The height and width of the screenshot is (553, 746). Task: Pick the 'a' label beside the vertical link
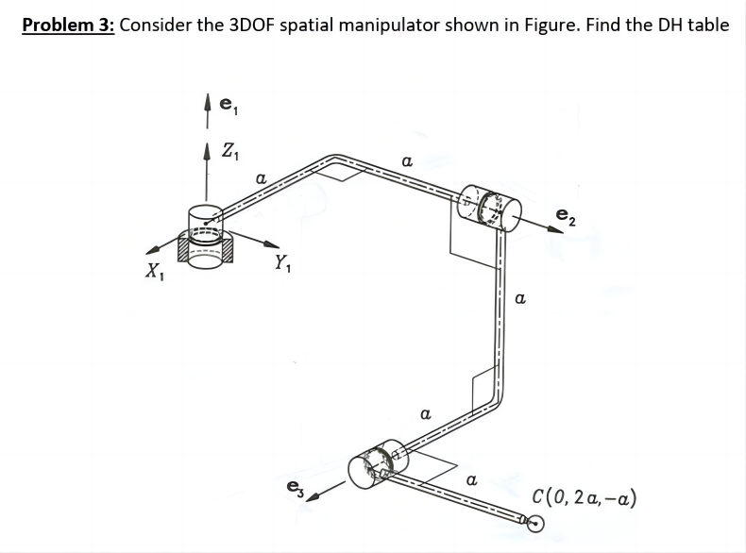pos(519,299)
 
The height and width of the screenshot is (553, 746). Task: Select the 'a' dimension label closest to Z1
pos(262,176)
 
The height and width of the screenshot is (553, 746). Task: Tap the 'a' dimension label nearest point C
pos(472,481)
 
